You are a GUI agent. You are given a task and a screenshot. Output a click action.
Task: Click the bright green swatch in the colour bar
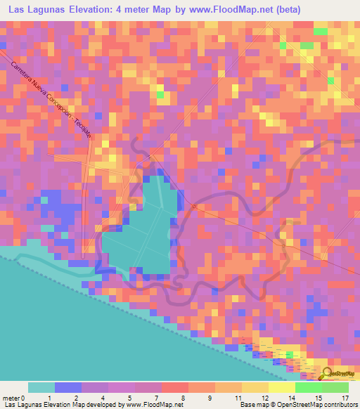[308, 387]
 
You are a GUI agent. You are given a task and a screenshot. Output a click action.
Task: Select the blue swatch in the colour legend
[68, 387]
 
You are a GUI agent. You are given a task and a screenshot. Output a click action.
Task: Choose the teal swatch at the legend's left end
[41, 387]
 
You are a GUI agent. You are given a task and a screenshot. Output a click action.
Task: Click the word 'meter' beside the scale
[11, 398]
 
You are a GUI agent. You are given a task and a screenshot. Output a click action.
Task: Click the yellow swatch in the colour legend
[255, 387]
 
